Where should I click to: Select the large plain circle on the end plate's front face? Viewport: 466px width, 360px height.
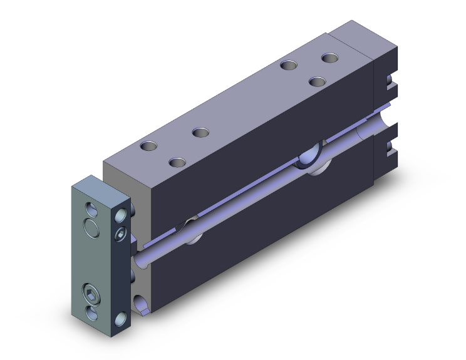click(91, 229)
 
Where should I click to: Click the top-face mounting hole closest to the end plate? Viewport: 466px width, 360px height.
click(149, 147)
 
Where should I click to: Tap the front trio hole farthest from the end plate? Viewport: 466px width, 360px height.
click(200, 132)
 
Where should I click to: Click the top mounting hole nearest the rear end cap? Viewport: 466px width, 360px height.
click(329, 58)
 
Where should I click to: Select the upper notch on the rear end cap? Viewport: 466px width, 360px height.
click(390, 82)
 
